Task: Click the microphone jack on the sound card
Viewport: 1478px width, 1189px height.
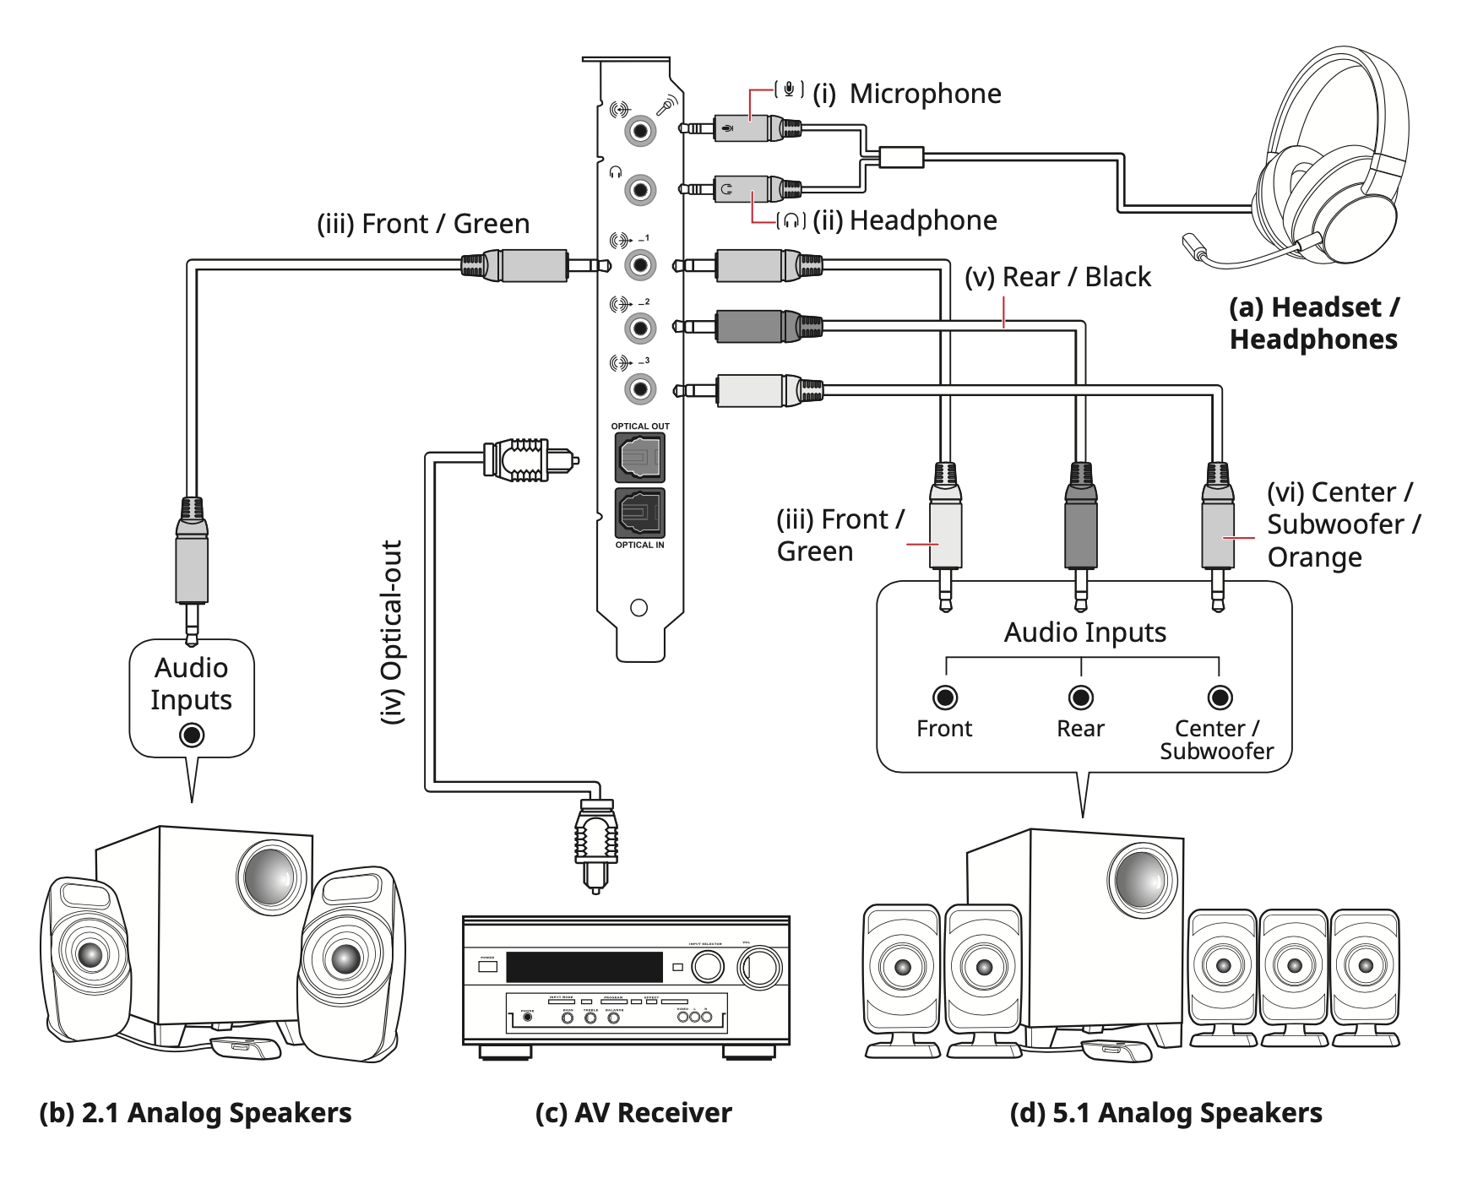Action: (640, 131)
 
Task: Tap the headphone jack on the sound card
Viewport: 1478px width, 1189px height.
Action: (640, 189)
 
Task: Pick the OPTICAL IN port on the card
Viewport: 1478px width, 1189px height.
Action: (639, 513)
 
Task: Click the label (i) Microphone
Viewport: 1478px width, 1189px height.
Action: (907, 94)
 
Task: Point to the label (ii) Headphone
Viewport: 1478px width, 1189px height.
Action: (905, 220)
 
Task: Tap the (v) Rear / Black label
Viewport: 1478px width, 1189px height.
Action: (1057, 277)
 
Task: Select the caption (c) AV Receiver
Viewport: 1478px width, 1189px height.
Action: (633, 1113)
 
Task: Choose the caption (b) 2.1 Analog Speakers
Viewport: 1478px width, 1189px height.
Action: (195, 1113)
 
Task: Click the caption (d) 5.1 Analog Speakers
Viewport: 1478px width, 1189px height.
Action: (1166, 1113)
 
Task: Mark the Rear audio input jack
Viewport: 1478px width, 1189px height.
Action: (1081, 698)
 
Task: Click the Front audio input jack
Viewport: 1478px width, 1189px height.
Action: (945, 698)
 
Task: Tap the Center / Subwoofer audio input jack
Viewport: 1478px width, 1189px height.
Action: (1219, 698)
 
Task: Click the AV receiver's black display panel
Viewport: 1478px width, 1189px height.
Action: (584, 966)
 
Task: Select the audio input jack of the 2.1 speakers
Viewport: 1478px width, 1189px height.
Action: (192, 736)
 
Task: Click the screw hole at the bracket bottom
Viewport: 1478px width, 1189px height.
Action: (639, 608)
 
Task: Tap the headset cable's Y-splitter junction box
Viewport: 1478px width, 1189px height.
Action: (901, 157)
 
